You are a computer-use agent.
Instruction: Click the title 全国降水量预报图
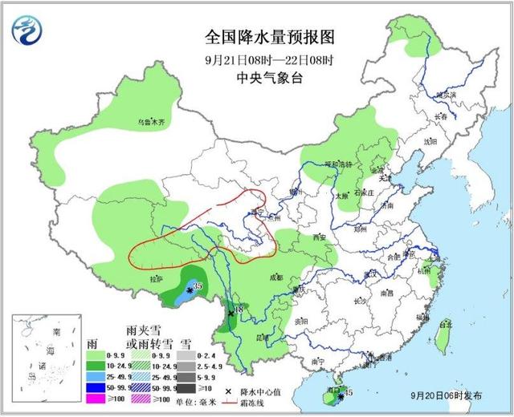tap(258, 38)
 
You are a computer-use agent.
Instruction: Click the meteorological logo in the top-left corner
tap(27, 31)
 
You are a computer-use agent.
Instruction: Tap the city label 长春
tap(439, 116)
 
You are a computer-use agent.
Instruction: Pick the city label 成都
tap(276, 277)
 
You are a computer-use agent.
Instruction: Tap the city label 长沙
tap(359, 301)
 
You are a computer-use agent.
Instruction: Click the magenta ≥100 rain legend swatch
tap(95, 399)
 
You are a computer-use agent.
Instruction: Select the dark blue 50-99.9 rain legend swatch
tap(95, 387)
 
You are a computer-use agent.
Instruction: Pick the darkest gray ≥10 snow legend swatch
tap(185, 387)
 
